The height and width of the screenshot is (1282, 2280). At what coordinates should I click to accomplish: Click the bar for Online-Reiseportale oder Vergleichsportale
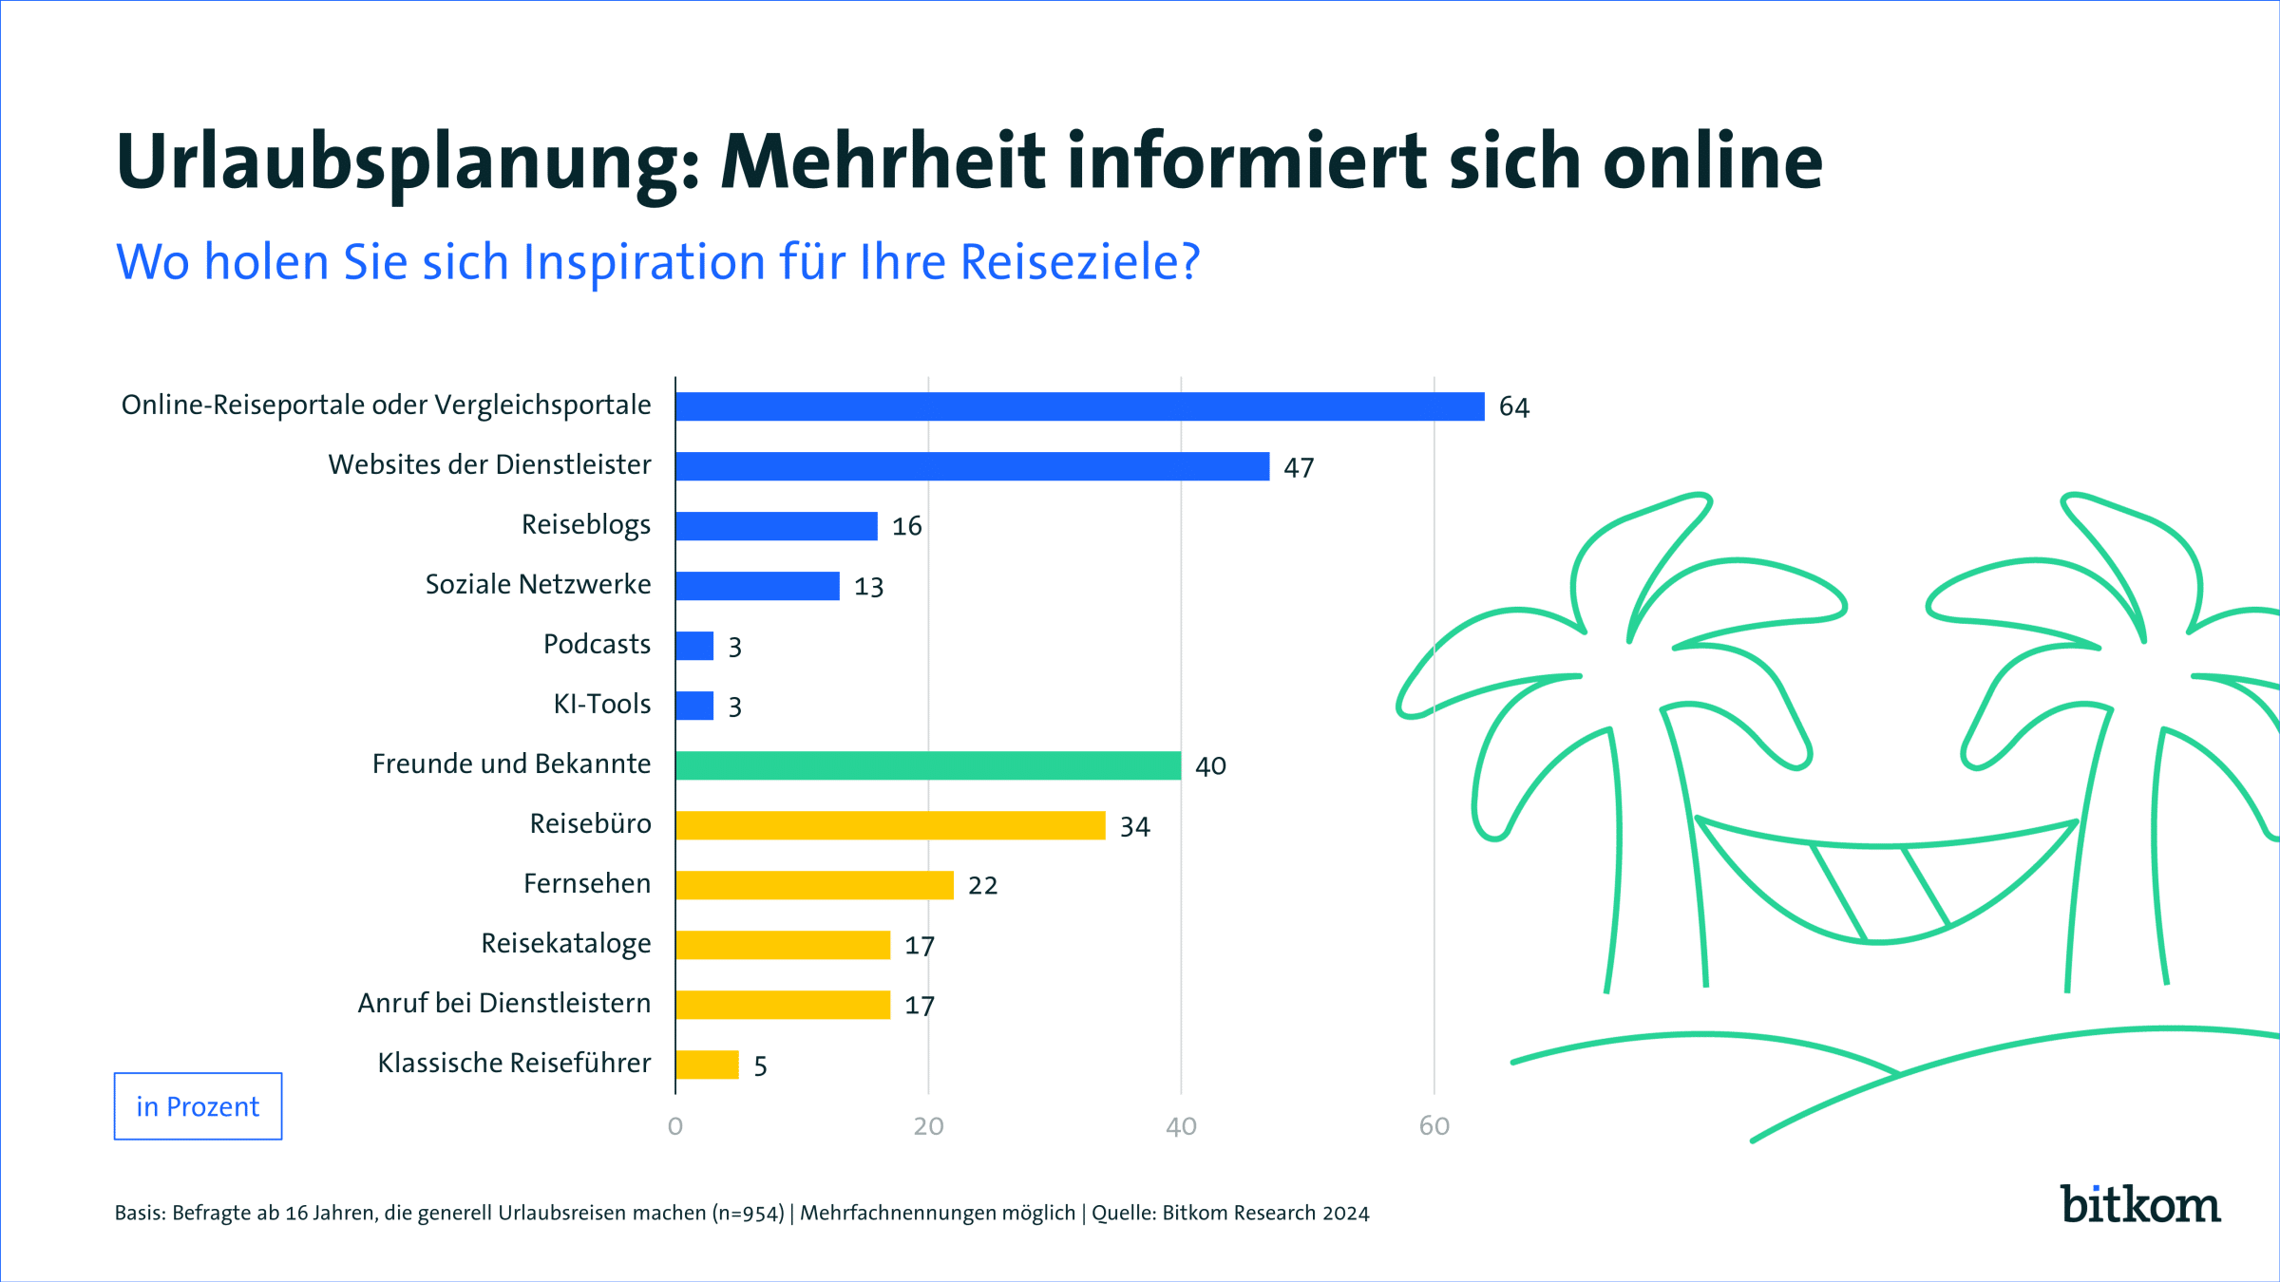coord(1079,406)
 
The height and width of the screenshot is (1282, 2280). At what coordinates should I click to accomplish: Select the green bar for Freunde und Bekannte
coord(928,765)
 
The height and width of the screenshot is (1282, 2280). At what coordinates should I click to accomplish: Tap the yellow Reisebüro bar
coord(890,825)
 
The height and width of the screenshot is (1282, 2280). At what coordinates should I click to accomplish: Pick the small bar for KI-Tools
coord(694,706)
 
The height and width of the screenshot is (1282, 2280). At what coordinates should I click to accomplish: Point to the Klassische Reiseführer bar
coord(707,1065)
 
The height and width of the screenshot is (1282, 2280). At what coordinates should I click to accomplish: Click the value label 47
coord(1299,467)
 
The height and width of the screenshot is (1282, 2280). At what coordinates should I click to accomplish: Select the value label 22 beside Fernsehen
coord(982,886)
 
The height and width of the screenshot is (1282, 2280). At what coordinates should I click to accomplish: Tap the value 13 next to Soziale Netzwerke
coord(868,587)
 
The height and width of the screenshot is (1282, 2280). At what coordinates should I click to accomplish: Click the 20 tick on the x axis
coord(928,1126)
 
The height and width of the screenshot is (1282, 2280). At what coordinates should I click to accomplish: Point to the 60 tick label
coord(1434,1126)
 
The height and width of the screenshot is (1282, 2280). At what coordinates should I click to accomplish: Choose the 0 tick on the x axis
coord(675,1126)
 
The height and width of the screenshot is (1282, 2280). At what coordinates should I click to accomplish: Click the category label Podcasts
coord(597,644)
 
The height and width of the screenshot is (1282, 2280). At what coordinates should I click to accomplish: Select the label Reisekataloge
coord(566,943)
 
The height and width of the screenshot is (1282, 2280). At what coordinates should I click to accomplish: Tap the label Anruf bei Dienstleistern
coord(504,1003)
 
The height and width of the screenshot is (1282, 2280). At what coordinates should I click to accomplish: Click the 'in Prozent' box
coord(198,1106)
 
